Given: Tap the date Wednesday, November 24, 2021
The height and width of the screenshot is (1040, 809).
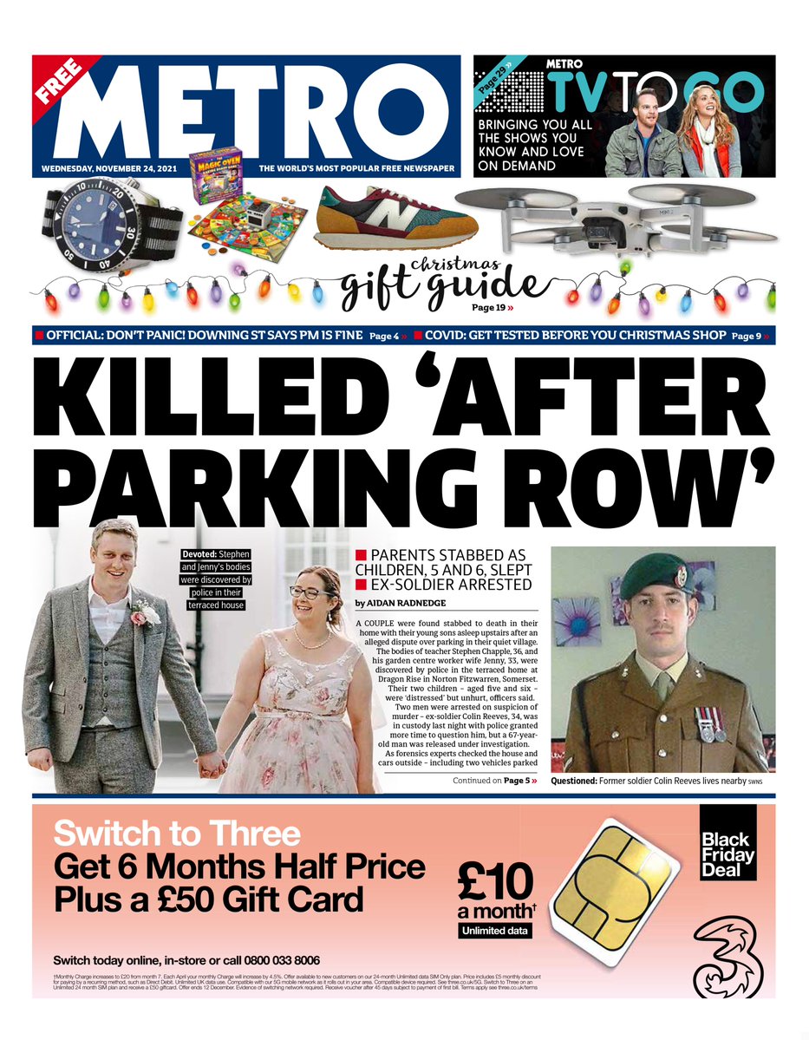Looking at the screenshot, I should click(109, 167).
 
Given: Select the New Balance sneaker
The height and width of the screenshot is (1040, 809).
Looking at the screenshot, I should click(395, 218).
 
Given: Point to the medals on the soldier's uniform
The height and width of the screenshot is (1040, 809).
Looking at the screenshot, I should click(709, 723).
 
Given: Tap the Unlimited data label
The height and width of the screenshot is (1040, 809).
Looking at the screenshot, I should click(494, 931).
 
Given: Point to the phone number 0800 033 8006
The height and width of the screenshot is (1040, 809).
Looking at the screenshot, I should click(270, 960).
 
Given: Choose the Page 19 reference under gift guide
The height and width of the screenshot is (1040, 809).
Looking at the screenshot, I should click(490, 307).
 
